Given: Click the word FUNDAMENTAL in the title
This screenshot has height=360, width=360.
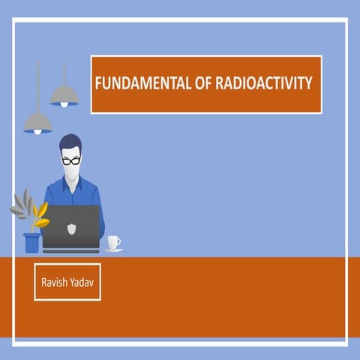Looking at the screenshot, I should tap(136, 83).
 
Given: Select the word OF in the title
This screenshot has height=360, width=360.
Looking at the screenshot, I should tap(191, 83).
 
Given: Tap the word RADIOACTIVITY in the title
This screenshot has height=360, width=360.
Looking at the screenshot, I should tap(257, 83).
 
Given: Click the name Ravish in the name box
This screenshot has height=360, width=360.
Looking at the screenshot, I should tap(55, 281).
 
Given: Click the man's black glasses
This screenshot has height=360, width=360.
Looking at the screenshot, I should tap(71, 160).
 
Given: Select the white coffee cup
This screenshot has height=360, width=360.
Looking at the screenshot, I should tap(112, 241).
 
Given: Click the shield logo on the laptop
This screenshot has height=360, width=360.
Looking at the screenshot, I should tap(70, 226).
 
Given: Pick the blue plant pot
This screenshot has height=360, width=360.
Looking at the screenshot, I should tap(31, 242).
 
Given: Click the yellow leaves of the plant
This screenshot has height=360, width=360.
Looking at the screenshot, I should tap(40, 214).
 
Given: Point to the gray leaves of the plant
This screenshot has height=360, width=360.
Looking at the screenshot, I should tap(20, 203).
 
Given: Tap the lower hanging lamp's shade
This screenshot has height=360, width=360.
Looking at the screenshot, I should tap(37, 122).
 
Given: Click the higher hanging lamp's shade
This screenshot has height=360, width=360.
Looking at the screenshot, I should tap(64, 94).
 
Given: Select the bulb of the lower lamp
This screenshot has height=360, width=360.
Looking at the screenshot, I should tap(37, 133).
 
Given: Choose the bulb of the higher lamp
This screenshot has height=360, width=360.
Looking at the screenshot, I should tap(64, 104).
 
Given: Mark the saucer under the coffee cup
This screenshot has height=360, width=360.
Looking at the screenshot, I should tap(113, 250).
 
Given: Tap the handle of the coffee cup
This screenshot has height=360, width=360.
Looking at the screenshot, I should tap(118, 241).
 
